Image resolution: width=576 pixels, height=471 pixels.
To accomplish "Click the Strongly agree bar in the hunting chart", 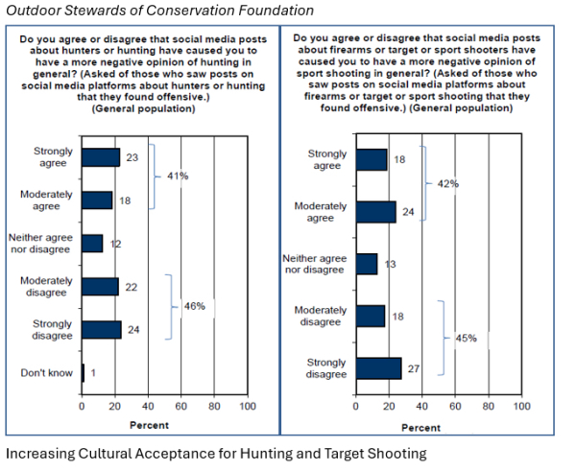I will (101, 157).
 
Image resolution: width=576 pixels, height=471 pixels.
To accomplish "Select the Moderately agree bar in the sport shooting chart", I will (375, 212).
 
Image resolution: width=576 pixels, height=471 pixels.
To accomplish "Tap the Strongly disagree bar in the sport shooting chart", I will (378, 368).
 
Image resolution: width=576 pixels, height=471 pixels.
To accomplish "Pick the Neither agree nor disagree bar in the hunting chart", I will (92, 244).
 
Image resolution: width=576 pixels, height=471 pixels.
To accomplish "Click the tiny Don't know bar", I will (84, 373).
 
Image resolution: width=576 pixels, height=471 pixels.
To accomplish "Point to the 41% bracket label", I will (177, 177).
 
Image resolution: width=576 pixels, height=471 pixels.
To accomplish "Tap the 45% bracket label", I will (467, 339).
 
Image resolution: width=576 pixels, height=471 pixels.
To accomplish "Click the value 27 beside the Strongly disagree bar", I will (413, 368).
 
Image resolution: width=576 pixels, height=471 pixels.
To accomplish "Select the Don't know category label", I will (48, 373).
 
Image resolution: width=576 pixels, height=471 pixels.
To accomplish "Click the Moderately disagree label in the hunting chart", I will (47, 286).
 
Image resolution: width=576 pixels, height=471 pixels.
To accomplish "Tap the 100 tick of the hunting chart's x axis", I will (247, 406).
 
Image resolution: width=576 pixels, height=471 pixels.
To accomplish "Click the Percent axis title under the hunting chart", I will (149, 424).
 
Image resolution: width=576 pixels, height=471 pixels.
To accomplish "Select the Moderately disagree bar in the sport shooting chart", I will (371, 317).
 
